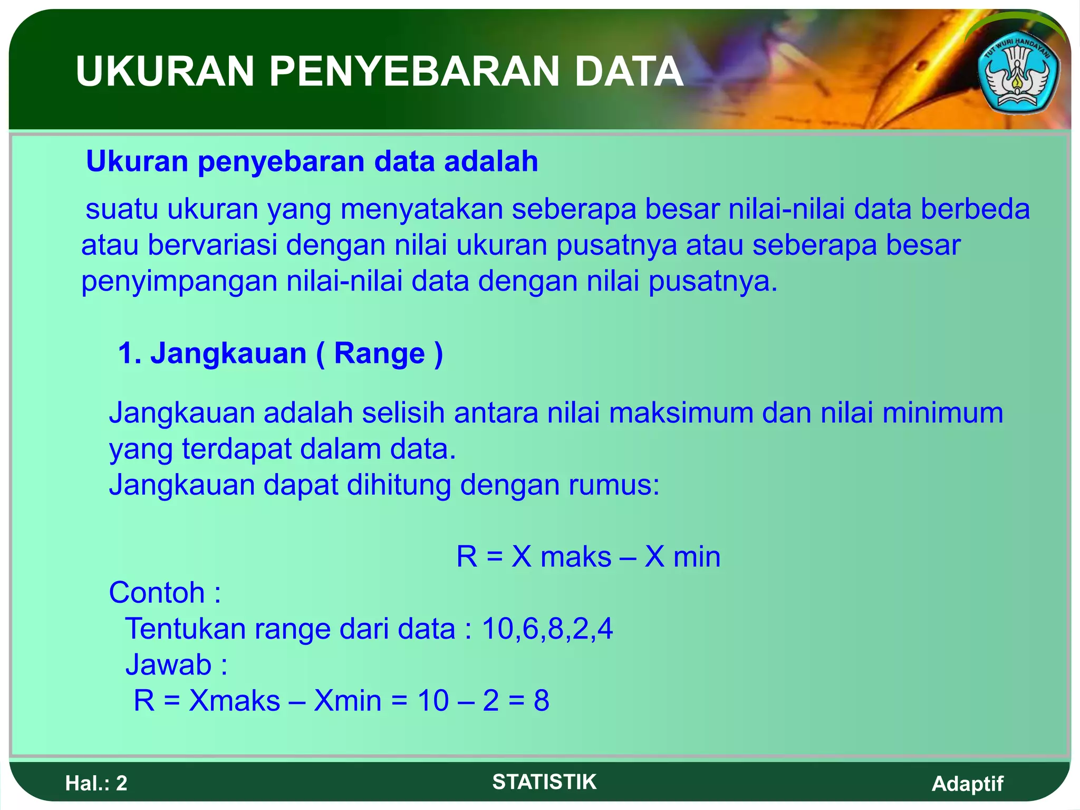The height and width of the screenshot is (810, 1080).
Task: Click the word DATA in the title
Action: [629, 72]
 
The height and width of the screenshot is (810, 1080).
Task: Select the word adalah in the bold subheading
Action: [491, 161]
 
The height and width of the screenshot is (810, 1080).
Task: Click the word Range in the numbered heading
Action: [379, 353]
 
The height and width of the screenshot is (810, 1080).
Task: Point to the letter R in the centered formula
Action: [467, 557]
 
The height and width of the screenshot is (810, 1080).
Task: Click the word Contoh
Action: [157, 593]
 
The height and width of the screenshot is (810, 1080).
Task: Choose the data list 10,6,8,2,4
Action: [547, 629]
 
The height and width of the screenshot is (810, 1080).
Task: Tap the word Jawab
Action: [168, 665]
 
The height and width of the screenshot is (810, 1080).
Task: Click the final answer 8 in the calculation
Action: [542, 701]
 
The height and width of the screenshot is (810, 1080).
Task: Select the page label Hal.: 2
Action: [97, 784]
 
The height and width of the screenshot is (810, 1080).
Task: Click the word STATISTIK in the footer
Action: [544, 782]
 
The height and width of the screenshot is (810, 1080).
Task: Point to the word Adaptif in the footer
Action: [967, 784]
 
